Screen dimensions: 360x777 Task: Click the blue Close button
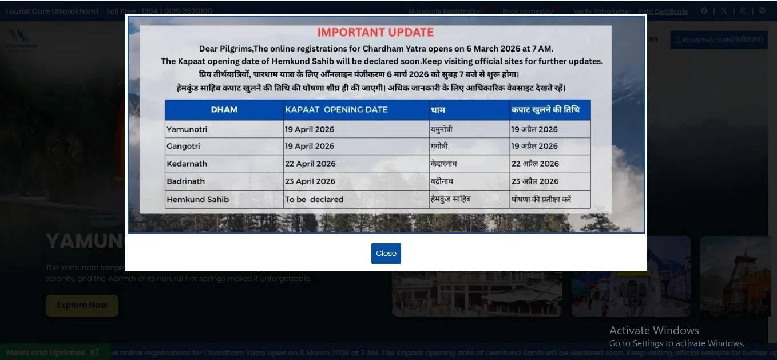[386, 254]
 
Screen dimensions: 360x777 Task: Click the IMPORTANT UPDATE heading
[375, 33]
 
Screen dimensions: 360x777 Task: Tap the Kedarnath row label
[187, 164]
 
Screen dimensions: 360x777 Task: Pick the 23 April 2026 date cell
[310, 181]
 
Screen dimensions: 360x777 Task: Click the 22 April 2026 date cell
[310, 164]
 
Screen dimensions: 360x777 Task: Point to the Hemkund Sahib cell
[197, 200]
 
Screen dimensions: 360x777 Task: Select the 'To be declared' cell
[314, 200]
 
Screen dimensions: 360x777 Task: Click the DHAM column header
[224, 109]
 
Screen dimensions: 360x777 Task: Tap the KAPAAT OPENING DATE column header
[336, 109]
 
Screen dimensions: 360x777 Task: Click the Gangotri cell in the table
[183, 146]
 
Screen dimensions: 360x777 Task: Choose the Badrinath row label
[185, 181]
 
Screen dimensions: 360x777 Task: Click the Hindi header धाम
[438, 109]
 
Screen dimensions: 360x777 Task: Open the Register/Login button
[719, 40]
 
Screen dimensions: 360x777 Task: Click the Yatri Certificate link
[663, 11]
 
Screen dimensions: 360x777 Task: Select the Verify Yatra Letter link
[602, 11]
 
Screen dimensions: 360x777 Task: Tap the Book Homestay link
[528, 11]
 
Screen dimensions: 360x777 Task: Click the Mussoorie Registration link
[445, 11]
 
